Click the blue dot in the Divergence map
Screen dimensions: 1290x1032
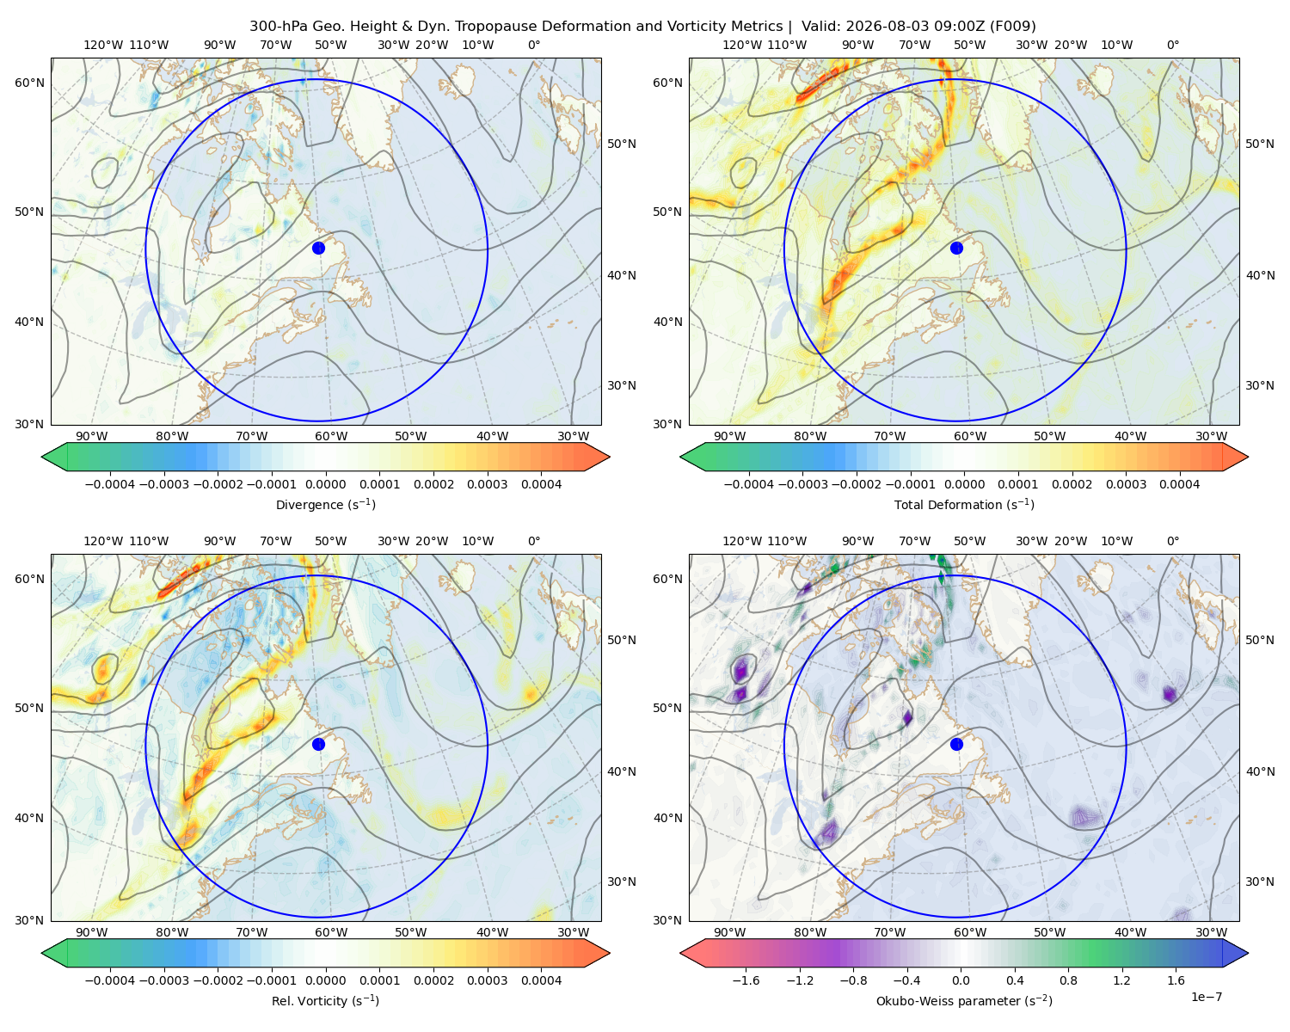[x=318, y=248]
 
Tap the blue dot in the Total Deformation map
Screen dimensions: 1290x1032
[x=956, y=248]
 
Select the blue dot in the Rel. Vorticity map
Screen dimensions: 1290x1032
[x=318, y=744]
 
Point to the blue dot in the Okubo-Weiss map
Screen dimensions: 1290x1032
[x=956, y=744]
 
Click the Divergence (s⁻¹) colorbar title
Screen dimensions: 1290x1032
[x=325, y=504]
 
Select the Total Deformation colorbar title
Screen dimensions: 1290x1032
[x=964, y=504]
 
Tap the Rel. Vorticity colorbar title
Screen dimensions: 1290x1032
[x=325, y=1000]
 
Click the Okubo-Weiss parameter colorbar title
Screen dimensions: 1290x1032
[x=964, y=1000]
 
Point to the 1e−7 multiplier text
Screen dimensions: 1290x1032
[x=1206, y=997]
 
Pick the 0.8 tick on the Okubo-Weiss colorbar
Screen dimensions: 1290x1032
[x=1068, y=980]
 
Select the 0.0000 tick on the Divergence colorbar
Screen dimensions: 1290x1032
[x=325, y=484]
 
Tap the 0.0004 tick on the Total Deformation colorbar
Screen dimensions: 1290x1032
[x=1179, y=484]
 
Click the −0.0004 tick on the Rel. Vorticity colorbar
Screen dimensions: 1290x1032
[x=110, y=980]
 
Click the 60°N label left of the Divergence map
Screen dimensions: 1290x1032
[x=29, y=83]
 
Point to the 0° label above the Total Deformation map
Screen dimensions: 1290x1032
[x=1172, y=45]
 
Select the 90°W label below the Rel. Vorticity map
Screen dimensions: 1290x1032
[x=92, y=932]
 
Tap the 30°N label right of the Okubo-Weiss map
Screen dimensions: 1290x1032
[x=1259, y=881]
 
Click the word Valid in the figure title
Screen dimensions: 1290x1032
[x=818, y=27]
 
